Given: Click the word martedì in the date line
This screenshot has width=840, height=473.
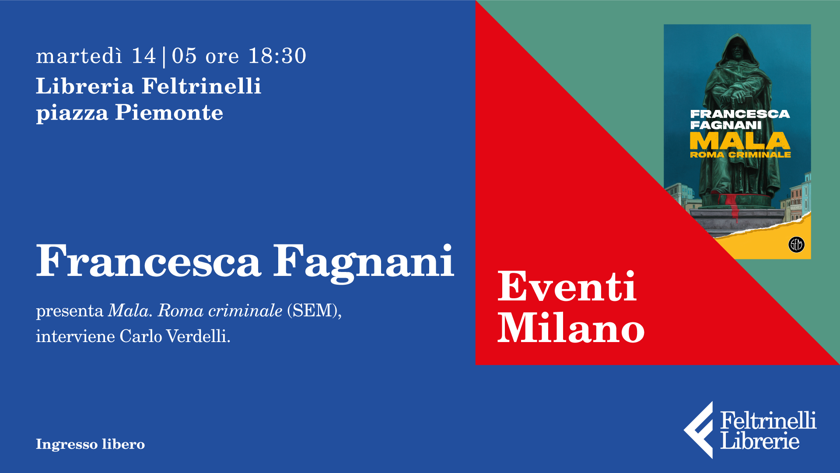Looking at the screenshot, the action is (79, 56).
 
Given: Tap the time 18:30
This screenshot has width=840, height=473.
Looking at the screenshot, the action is (277, 56).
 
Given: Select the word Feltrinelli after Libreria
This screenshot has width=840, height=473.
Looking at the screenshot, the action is (202, 86).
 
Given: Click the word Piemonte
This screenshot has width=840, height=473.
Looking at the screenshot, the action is (169, 113).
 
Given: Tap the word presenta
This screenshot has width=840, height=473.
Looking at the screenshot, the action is (70, 311).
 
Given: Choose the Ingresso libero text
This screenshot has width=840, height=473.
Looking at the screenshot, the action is (90, 444).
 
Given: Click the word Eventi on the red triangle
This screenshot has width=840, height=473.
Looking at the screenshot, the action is (567, 286).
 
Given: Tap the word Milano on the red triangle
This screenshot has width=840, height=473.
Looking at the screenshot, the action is (571, 328).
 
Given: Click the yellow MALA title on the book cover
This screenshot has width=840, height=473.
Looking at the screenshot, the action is (740, 141).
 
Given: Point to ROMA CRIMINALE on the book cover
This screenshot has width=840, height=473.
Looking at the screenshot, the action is (740, 155).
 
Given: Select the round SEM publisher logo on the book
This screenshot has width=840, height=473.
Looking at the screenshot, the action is (796, 244).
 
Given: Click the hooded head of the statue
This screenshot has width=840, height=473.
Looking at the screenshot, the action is (740, 50).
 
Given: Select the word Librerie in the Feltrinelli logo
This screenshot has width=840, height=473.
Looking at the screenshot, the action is (760, 441).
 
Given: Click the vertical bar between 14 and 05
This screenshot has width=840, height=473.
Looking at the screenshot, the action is (164, 57).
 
